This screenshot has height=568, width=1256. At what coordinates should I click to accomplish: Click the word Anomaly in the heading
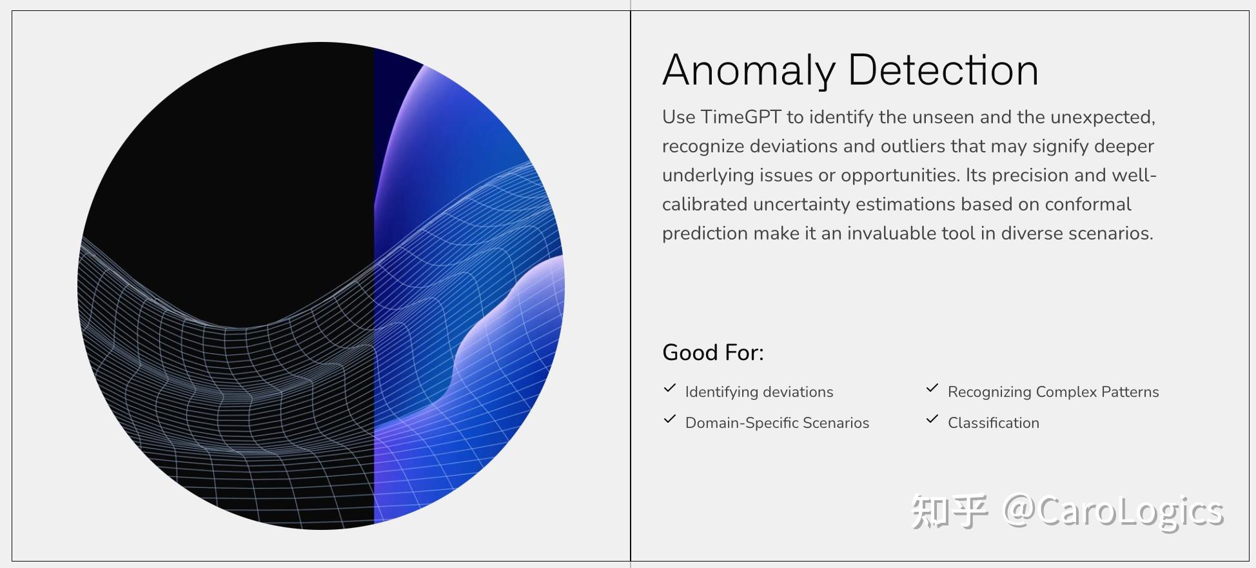coord(749,70)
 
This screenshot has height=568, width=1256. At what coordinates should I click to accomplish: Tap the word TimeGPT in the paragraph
coord(741,117)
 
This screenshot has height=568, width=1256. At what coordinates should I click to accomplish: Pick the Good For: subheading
coord(712,352)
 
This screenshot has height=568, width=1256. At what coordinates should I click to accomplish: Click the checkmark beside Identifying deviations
coord(670,389)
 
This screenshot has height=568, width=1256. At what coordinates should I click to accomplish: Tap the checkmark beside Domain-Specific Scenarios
coord(670,420)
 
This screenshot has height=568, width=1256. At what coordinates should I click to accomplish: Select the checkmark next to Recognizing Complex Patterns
coord(932,389)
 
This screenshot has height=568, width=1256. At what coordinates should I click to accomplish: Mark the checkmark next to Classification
coord(932,420)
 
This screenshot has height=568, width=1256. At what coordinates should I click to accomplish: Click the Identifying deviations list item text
coord(759,392)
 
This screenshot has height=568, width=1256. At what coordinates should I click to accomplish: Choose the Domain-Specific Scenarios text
coord(777,423)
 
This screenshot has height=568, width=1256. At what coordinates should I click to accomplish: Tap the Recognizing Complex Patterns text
coord(1053,392)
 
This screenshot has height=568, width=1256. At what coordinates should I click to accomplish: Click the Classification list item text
coord(993,423)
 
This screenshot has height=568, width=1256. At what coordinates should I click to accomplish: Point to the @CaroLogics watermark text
coord(1113,512)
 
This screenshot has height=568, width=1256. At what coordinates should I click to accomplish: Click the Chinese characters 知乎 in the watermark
coord(948,512)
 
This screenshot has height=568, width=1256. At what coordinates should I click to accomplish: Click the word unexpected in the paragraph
coord(1102,117)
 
